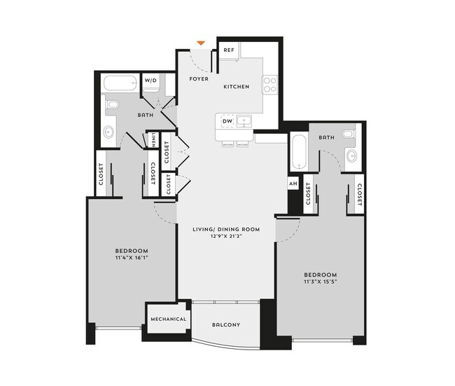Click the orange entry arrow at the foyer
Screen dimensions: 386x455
coord(202,43)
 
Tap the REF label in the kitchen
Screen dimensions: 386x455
coord(228,50)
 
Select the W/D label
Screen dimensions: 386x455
coord(150,81)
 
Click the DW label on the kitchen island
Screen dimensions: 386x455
coord(227,122)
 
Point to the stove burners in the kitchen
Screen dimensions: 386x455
coord(269,85)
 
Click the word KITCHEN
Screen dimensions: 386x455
coord(237,87)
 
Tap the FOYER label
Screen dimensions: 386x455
coord(199,79)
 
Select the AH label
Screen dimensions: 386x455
coord(293,184)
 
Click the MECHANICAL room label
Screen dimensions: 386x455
coord(168,319)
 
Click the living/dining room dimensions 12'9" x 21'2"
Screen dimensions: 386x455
coord(227,237)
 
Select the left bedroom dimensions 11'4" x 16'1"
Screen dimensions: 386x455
coord(132,258)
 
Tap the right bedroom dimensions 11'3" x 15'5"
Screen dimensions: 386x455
coord(321,282)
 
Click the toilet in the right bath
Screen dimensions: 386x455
coord(348,133)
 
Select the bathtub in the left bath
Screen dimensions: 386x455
coord(120,85)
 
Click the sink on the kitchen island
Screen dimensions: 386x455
coord(244,122)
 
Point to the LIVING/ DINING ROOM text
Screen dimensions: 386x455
coord(227,229)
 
